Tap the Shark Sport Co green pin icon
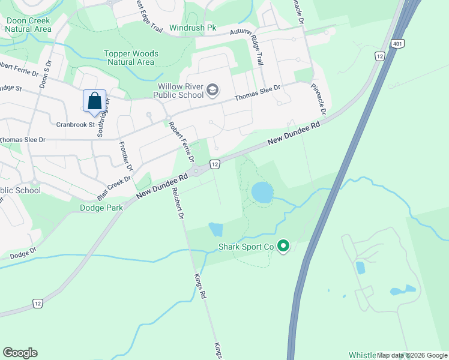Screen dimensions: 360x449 [284, 246]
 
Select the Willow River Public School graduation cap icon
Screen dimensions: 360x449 [212, 90]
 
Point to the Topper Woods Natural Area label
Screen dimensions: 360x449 [130, 58]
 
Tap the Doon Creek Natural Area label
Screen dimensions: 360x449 [28, 24]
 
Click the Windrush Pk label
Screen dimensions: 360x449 [192, 28]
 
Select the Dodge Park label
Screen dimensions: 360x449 [101, 208]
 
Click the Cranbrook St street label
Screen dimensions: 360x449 [76, 125]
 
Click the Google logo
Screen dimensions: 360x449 [20, 353]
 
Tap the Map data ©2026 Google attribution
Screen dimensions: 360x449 [412, 355]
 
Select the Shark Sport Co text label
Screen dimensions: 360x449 [246, 247]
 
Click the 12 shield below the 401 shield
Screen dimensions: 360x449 [379, 56]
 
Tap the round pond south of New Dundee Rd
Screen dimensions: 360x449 [262, 193]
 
